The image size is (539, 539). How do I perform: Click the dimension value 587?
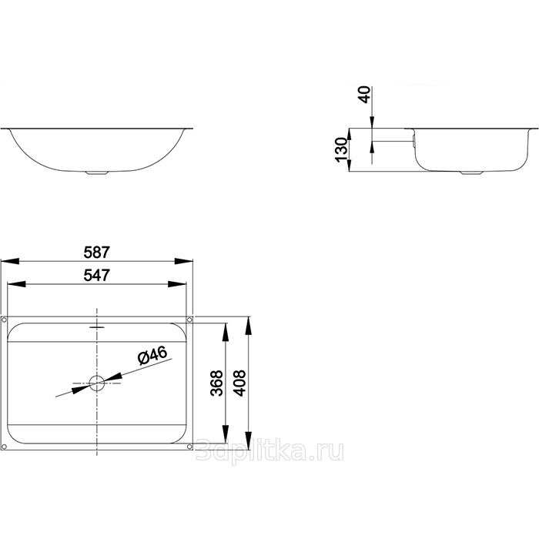point(96,253)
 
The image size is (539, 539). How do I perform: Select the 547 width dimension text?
point(96,276)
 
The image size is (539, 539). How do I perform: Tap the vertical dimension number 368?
point(217,383)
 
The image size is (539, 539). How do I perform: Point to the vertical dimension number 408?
point(239,383)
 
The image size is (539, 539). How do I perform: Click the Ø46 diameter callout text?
point(152,355)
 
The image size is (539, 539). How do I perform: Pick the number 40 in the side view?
point(365,95)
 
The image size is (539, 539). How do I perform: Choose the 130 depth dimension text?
point(341,149)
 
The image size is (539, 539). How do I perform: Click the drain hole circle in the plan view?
point(97,383)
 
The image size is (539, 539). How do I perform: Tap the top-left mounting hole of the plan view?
point(4,320)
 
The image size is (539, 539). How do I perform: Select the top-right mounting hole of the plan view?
point(189,320)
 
